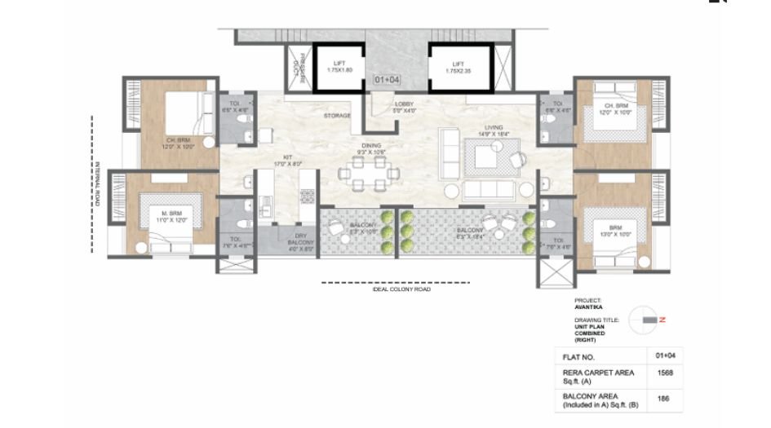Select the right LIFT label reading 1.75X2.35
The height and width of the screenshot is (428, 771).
(x=459, y=67)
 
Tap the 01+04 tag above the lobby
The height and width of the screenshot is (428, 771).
(x=386, y=81)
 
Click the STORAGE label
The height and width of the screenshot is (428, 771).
(x=337, y=116)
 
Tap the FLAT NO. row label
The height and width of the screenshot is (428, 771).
(x=578, y=357)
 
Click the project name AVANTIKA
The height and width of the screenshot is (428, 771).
(x=589, y=307)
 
